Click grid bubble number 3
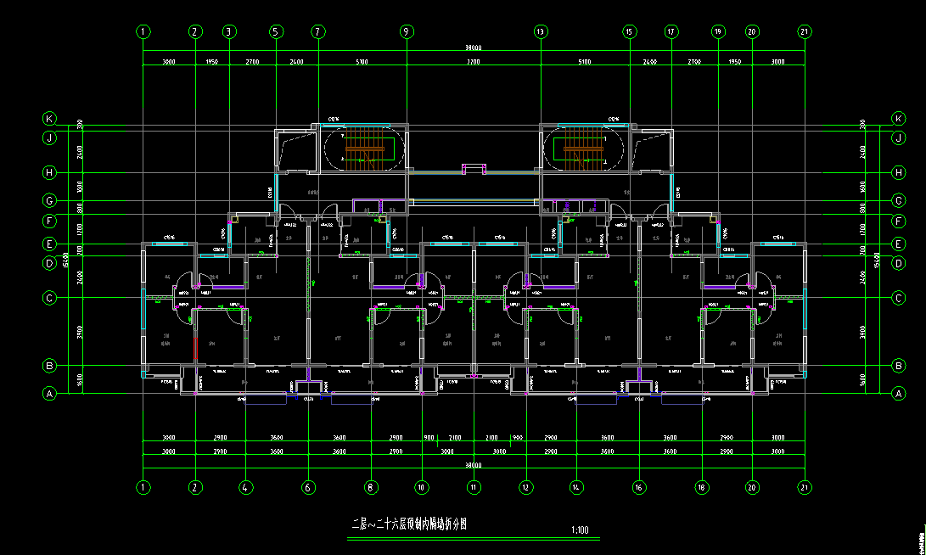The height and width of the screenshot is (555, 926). (228, 31)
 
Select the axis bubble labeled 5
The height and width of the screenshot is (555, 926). (275, 31)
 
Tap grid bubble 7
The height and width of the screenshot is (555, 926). (318, 31)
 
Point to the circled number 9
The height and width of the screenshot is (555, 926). (407, 31)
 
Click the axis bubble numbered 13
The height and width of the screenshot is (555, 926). (540, 31)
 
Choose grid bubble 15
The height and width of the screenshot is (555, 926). (629, 31)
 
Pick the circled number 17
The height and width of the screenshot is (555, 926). (671, 31)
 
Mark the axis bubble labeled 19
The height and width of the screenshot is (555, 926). (718, 31)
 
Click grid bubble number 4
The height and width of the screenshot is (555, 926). (245, 488)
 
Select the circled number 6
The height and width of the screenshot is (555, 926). (308, 488)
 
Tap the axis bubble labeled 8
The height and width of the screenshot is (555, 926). (370, 488)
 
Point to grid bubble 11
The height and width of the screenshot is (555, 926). (474, 488)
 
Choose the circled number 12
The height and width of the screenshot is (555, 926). (526, 488)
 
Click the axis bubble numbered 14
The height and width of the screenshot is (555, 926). (576, 488)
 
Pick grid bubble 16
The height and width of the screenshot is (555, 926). (639, 488)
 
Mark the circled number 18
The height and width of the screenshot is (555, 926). (702, 488)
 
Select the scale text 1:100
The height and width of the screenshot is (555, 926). (581, 530)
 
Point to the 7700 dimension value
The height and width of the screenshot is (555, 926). (474, 62)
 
